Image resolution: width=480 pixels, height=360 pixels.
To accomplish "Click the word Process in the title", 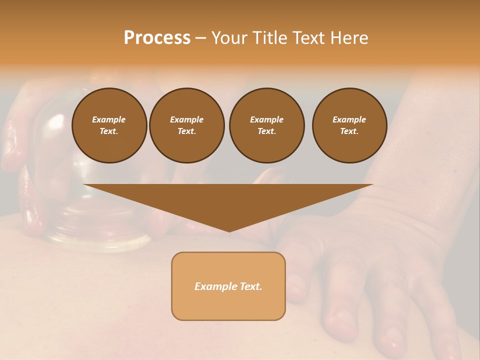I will tap(157, 38).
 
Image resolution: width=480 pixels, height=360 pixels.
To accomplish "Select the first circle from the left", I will tap(109, 125).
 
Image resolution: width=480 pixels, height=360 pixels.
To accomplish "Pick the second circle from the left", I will tap(187, 125).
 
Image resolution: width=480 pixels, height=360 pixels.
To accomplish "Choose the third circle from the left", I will tap(266, 125).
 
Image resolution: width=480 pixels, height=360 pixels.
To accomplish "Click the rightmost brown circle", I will tap(349, 125).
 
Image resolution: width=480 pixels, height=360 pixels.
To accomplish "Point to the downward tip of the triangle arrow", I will tap(229, 230).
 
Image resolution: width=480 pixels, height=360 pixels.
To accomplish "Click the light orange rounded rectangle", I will tap(228, 305).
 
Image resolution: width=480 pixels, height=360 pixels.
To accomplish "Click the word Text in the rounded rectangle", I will tap(250, 286).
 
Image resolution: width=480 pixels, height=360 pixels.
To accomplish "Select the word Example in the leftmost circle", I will tap(109, 119).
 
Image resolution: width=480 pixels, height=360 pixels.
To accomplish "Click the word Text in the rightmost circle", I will tap(349, 131).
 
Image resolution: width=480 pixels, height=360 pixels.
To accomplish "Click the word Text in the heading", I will tap(309, 38).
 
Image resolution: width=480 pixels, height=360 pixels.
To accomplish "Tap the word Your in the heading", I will tap(228, 38).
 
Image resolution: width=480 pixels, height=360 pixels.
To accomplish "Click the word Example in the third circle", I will tap(266, 119).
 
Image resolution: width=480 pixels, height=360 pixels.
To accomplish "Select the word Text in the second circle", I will tap(186, 131).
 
